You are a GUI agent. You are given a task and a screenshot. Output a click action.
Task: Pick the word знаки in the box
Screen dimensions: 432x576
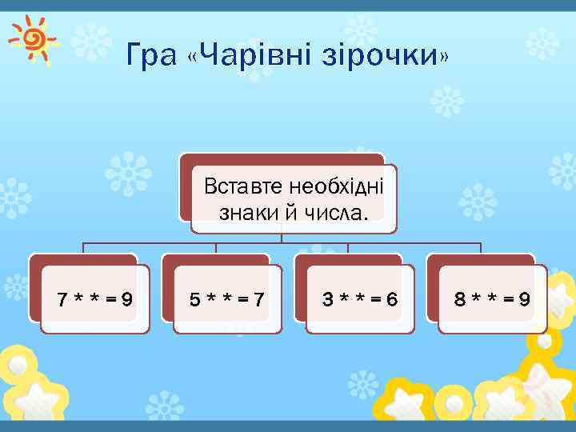coord(243,213)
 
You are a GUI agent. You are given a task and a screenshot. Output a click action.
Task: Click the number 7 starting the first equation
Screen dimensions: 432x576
coord(62,300)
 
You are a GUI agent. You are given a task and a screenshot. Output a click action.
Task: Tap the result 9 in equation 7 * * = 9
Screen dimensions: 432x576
coord(126,300)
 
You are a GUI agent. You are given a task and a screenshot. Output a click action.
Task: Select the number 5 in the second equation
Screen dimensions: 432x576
coord(194,300)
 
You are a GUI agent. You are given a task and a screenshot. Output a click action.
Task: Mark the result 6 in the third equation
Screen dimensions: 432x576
coord(391,300)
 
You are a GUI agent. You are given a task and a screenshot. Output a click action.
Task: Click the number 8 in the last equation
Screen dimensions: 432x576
coord(460,300)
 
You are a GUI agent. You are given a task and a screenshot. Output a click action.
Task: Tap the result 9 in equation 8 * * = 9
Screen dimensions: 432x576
coord(524,300)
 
